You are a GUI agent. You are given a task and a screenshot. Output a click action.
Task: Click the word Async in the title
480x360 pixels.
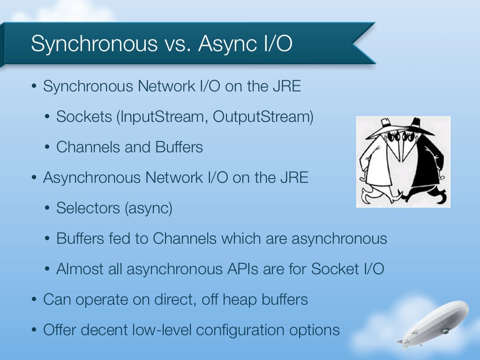[x=227, y=44]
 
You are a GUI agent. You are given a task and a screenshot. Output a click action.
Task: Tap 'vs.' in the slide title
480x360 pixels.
[x=177, y=44]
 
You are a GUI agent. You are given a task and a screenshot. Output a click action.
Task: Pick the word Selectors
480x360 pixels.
[x=88, y=208]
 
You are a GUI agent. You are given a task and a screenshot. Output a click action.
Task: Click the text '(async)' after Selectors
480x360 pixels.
[x=149, y=208]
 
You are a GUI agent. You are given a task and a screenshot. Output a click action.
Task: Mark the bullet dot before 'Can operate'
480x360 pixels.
[x=34, y=300]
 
